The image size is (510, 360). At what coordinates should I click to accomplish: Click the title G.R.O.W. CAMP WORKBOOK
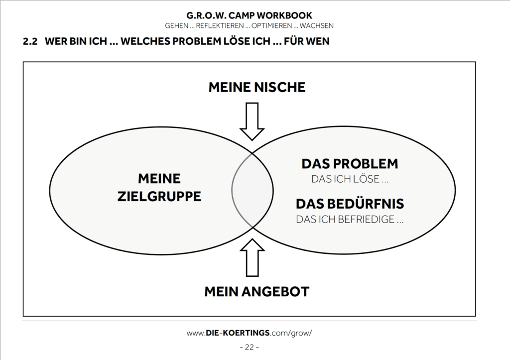tap(249, 15)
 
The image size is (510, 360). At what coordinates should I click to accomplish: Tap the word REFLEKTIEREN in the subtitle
tap(220, 26)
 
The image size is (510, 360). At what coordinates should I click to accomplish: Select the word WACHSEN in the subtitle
tap(316, 26)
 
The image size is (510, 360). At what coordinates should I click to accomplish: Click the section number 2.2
tap(30, 41)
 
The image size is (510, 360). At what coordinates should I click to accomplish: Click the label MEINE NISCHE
tap(257, 87)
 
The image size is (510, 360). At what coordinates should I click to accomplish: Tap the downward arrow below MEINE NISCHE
tap(252, 121)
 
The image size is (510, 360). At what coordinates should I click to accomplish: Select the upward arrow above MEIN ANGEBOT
tap(252, 258)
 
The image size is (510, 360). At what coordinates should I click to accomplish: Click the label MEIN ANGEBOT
tap(257, 292)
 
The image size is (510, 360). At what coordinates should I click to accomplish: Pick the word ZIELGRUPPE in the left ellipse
tap(159, 196)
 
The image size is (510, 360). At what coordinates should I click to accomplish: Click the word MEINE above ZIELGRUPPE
tap(159, 179)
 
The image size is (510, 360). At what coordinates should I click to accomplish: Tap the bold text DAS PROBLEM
tap(350, 164)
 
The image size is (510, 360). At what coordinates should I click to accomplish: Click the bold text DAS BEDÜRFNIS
tap(350, 204)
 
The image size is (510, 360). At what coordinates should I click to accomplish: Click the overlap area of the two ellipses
tap(253, 190)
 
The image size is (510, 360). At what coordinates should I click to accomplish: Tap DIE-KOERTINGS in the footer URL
tap(238, 333)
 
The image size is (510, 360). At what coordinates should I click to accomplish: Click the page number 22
tap(249, 348)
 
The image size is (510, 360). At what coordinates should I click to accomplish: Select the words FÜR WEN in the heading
tap(307, 41)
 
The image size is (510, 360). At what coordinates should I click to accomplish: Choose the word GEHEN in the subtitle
tap(177, 26)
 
